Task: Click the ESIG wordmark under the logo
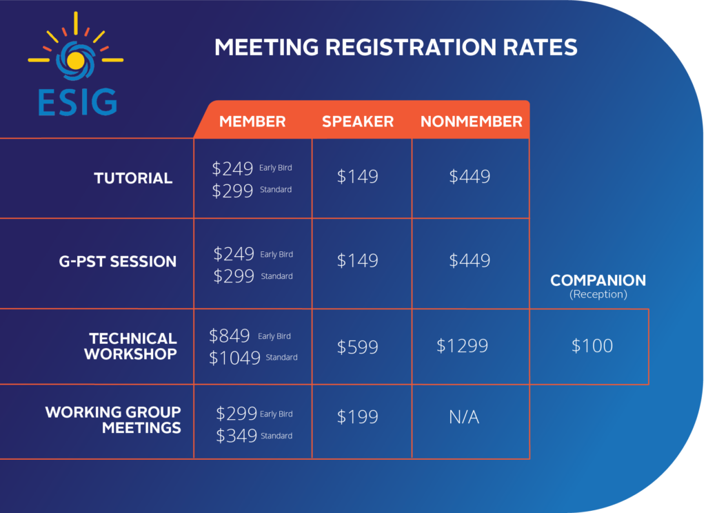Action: click(x=77, y=101)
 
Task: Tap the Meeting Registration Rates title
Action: click(x=395, y=47)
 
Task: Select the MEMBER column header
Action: click(x=252, y=122)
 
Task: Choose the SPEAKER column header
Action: click(x=358, y=122)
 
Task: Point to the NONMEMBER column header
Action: click(x=472, y=122)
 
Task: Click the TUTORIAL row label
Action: click(x=133, y=178)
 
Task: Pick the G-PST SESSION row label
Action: click(x=118, y=262)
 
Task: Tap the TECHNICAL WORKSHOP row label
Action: click(x=133, y=346)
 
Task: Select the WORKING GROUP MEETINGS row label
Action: click(x=114, y=420)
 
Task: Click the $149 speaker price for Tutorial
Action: click(x=358, y=177)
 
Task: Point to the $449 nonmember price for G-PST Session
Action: click(x=470, y=260)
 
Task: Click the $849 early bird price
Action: click(x=230, y=336)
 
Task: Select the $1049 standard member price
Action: click(x=234, y=358)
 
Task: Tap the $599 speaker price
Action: click(x=358, y=347)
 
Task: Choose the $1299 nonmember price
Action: click(x=462, y=345)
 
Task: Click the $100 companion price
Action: click(x=592, y=346)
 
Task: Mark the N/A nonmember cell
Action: click(x=464, y=417)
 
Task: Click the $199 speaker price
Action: click(x=358, y=417)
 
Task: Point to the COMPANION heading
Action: click(x=598, y=281)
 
